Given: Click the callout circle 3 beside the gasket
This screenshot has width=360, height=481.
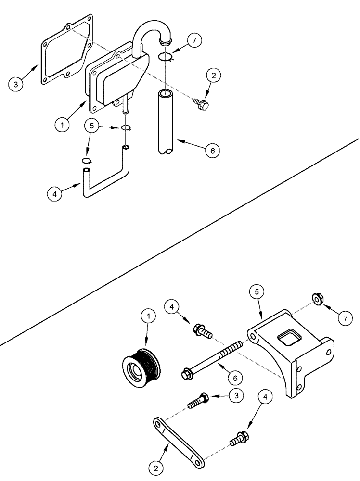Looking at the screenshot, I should coord(16,85).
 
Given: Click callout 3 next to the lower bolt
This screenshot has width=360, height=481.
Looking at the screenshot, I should coord(236,395).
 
